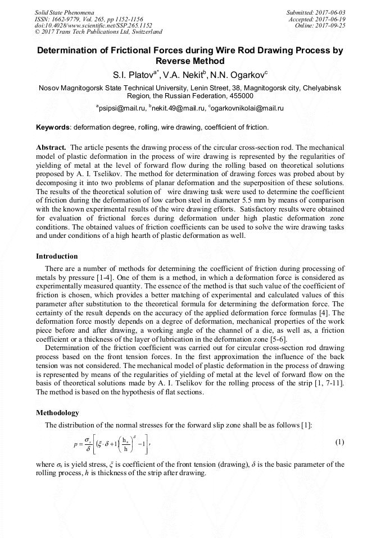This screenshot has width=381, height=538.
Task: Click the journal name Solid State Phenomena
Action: point(63,12)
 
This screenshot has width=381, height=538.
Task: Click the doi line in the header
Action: point(93,25)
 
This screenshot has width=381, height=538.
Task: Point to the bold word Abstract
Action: point(51,147)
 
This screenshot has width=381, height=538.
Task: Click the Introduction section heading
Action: point(57,256)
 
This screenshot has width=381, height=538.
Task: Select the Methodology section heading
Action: point(57,413)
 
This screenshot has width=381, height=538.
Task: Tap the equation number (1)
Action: point(339,442)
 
